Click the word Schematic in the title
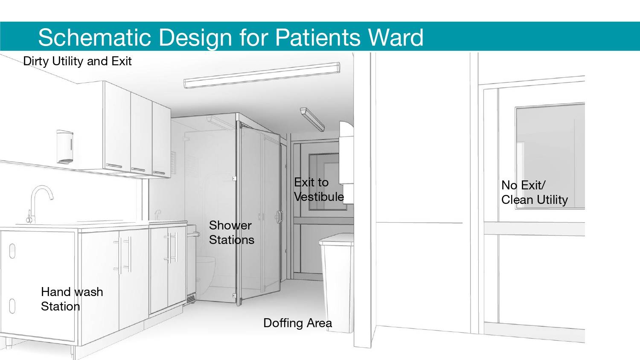click(95, 37)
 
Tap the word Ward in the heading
click(395, 37)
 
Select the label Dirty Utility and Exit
click(77, 61)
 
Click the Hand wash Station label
click(72, 299)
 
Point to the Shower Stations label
click(231, 232)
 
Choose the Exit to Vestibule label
click(319, 189)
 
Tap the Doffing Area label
click(297, 323)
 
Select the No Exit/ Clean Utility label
click(535, 192)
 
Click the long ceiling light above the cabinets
click(262, 75)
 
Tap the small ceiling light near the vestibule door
click(312, 119)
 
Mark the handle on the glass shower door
click(279, 217)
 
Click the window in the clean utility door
click(550, 156)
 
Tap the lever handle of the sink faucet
click(29, 216)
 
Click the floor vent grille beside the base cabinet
click(191, 299)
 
